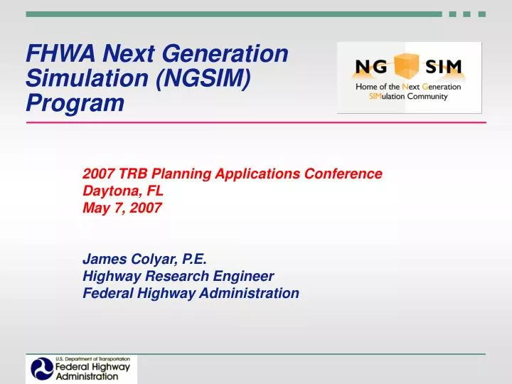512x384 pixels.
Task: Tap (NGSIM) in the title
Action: tap(202, 78)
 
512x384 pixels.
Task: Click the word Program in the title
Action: tap(75, 104)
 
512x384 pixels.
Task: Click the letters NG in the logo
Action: tap(372, 68)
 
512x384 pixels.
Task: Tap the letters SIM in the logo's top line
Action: tap(444, 68)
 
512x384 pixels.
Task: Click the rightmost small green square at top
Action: tap(482, 14)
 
